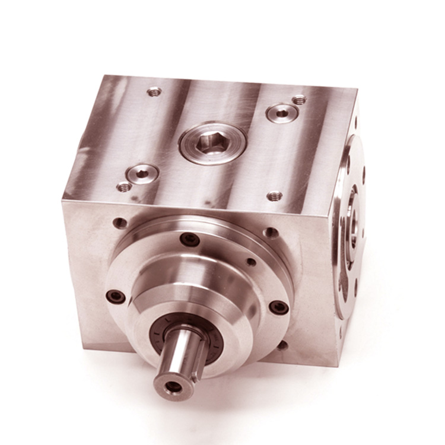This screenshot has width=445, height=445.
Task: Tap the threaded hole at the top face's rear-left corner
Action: [x=154, y=91]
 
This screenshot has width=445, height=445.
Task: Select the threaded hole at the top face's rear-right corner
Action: [x=300, y=100]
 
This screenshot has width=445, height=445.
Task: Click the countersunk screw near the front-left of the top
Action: [x=143, y=173]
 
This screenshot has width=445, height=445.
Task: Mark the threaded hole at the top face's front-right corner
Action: [x=274, y=195]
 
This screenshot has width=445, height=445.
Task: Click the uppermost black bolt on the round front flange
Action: [x=190, y=239]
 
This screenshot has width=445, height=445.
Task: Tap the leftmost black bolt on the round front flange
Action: [x=115, y=295]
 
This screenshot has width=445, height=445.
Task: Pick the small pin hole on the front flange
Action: [x=252, y=262]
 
